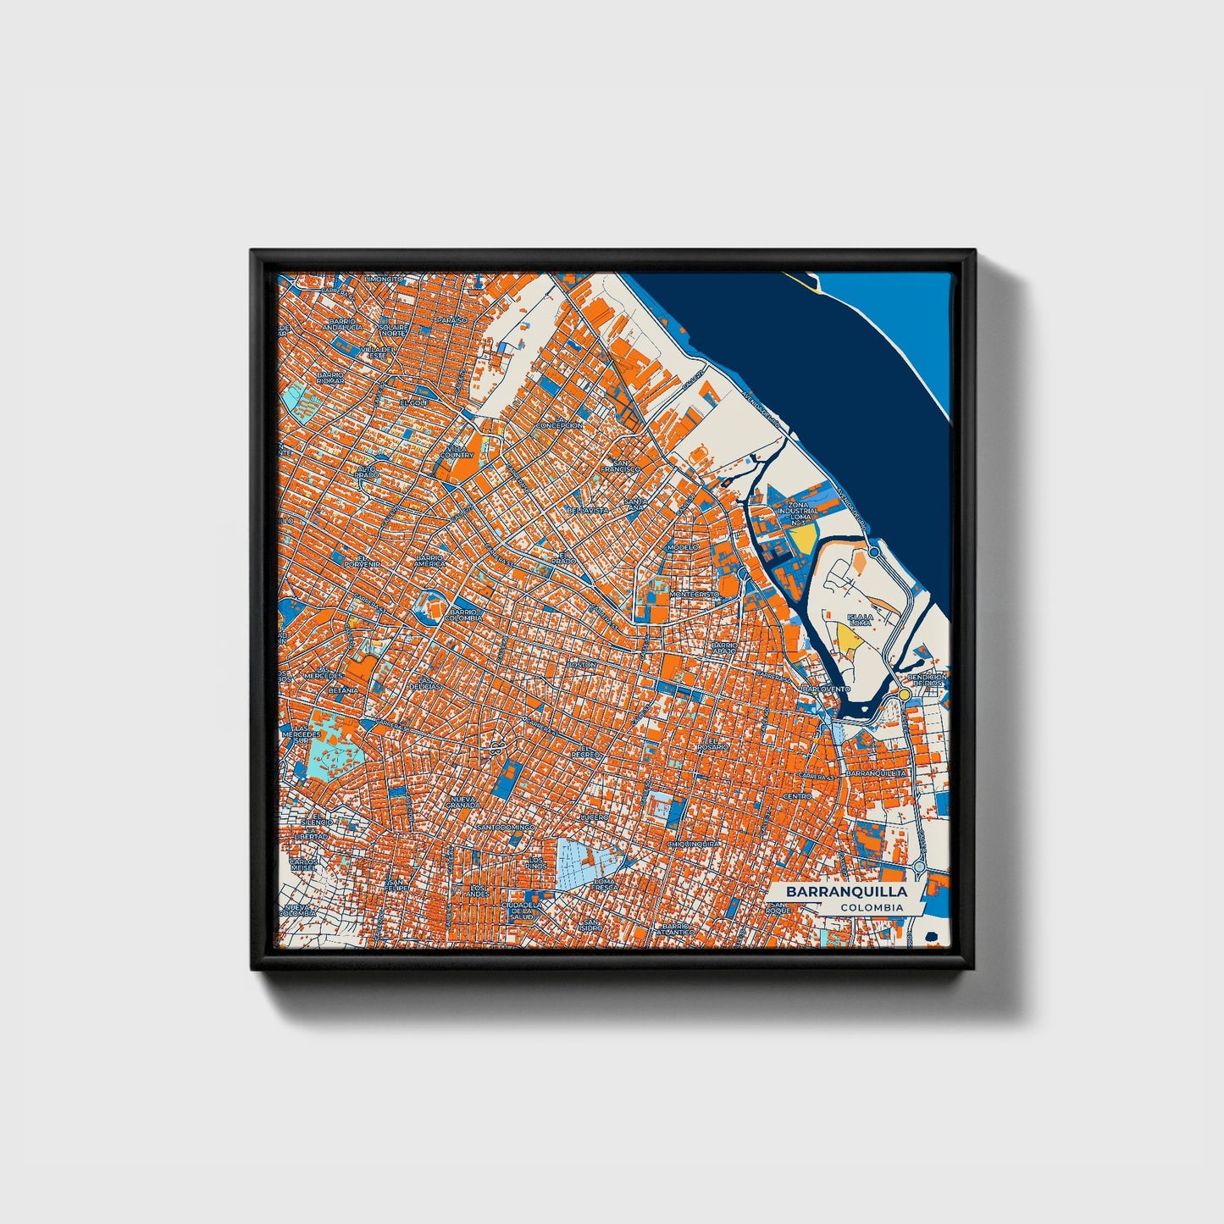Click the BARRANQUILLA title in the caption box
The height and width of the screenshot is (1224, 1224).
845,892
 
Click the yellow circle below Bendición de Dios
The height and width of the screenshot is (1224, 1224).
905,695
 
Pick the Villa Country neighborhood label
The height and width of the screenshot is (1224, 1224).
457,451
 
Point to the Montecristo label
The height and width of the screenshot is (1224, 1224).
694,595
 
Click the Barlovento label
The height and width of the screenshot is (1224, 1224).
826,690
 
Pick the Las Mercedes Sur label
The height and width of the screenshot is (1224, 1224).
302,734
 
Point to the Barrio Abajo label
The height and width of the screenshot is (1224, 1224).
725,648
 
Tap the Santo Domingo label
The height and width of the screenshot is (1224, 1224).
506,827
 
